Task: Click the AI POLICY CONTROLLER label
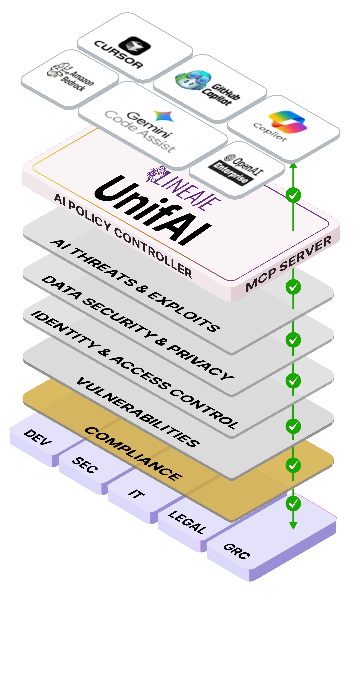[x=123, y=235]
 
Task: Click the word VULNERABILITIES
[x=138, y=411]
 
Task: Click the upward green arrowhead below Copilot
[x=293, y=166]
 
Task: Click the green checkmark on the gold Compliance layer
[x=293, y=465]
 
